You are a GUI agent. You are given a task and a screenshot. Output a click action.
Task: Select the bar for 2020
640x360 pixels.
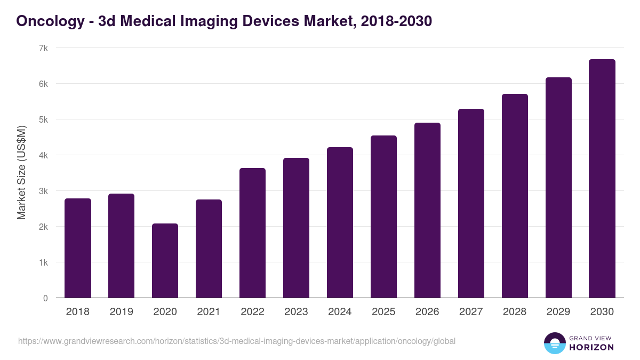tap(165, 261)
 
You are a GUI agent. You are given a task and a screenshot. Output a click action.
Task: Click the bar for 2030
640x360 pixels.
tap(602, 179)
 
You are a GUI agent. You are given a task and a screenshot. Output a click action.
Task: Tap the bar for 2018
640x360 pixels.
tap(78, 248)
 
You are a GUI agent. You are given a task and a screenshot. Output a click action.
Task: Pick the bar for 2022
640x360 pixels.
tap(252, 233)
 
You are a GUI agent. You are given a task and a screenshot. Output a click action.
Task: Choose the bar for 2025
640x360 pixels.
tap(383, 217)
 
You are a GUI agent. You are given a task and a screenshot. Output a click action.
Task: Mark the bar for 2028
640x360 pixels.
tap(515, 196)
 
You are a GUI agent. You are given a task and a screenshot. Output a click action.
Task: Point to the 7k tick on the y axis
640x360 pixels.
tap(43, 48)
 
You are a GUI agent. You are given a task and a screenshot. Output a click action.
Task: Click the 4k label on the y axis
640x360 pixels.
tap(43, 155)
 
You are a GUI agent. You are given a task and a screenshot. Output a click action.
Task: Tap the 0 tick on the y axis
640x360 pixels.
tap(45, 298)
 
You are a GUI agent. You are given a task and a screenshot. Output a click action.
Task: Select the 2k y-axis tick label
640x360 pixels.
tap(43, 227)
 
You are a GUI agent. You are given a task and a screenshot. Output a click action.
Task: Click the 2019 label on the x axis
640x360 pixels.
tap(122, 312)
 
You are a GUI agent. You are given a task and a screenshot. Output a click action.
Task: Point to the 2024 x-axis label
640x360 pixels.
tap(340, 312)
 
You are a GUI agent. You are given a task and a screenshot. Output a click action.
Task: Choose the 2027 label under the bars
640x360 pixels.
tap(471, 312)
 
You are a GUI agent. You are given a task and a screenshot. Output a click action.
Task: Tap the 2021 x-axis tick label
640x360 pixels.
tap(209, 312)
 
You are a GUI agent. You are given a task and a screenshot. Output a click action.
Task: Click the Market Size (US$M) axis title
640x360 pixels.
tap(21, 173)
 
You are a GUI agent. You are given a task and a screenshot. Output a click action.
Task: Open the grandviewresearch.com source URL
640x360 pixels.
tap(237, 341)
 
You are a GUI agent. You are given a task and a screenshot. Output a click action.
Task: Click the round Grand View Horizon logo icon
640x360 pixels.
tap(555, 343)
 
